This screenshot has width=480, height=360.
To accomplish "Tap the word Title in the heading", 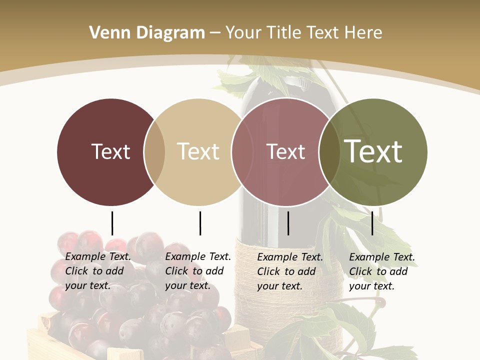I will pyautogui.click(x=284, y=33).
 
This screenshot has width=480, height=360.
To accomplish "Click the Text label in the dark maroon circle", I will pyautogui.click(x=110, y=151).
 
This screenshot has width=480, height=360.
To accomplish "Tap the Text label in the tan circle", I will pyautogui.click(x=198, y=151).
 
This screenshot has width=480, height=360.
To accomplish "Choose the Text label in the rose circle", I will pyautogui.click(x=285, y=151).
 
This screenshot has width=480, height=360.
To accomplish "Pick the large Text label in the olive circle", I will pyautogui.click(x=373, y=151).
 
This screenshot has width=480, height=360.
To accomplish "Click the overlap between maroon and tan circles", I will pyautogui.click(x=154, y=151).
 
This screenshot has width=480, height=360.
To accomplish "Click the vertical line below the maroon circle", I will pyautogui.click(x=112, y=223).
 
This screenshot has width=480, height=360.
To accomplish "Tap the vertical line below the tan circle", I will pyautogui.click(x=200, y=223).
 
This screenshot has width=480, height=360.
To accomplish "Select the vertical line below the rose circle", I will pyautogui.click(x=288, y=223).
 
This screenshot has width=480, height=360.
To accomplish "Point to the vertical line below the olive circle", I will pyautogui.click(x=372, y=223).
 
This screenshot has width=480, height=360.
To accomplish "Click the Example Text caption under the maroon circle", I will pyautogui.click(x=97, y=271).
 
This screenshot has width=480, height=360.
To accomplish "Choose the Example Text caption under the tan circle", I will pyautogui.click(x=197, y=271).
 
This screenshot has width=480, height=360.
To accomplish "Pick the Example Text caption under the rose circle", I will pyautogui.click(x=289, y=271).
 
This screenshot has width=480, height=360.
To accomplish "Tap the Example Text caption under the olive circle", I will pyautogui.click(x=381, y=271).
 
